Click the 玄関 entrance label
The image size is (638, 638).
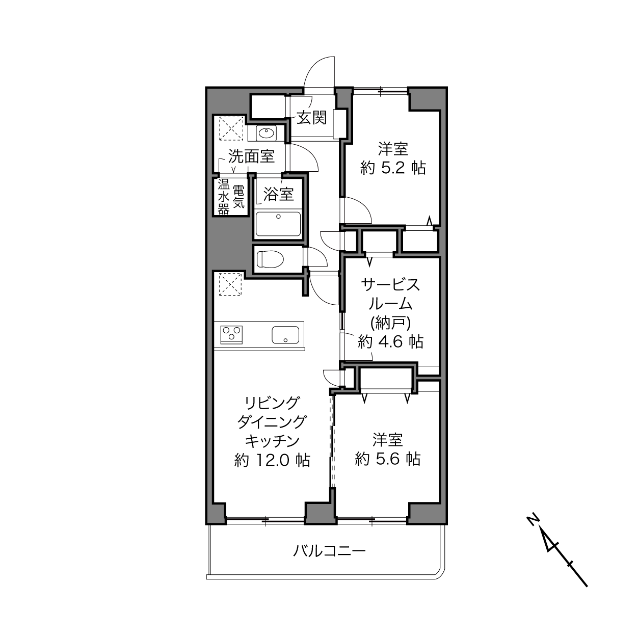pyautogui.click(x=311, y=118)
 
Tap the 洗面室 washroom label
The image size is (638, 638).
pyautogui.click(x=252, y=156)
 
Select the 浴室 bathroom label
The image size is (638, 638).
pyautogui.click(x=278, y=194)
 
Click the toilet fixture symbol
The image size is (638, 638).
pyautogui.click(x=271, y=259)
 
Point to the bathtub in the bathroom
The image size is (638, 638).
pyautogui.click(x=278, y=224)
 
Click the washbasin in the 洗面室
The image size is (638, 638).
pyautogui.click(x=266, y=134)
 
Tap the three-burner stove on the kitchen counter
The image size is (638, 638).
pyautogui.click(x=231, y=335)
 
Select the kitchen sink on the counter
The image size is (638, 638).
pyautogui.click(x=285, y=335)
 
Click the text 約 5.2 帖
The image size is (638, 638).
pyautogui.click(x=393, y=169)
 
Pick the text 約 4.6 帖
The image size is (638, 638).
pyautogui.click(x=391, y=341)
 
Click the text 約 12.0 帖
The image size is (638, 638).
pyautogui.click(x=272, y=460)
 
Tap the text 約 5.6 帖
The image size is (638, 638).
pyautogui.click(x=388, y=459)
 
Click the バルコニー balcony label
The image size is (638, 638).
pyautogui.click(x=329, y=551)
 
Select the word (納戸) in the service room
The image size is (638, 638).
pyautogui.click(x=391, y=323)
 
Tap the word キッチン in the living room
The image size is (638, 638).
pyautogui.click(x=272, y=441)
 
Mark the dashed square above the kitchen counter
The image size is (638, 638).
pyautogui.click(x=230, y=284)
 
